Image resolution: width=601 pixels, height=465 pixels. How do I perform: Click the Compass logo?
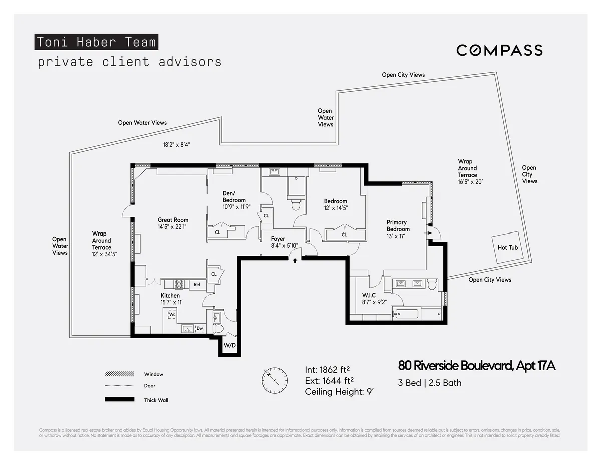point(499,50)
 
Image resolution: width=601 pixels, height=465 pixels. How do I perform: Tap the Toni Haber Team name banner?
point(96,42)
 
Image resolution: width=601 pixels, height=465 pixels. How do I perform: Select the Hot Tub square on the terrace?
point(507,247)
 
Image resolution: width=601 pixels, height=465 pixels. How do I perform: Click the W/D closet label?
point(229,346)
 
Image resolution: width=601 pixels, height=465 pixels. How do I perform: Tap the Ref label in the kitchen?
point(197,285)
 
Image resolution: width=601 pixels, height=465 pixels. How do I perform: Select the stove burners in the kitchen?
point(179,284)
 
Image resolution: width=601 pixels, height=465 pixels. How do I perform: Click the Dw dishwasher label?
point(199,329)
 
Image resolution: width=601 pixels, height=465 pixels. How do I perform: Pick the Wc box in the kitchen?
point(172,314)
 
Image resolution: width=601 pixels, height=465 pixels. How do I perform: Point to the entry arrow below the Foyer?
point(295,260)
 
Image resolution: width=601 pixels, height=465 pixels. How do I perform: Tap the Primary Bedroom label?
point(398,226)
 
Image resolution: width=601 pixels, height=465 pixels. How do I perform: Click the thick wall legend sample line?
point(120,399)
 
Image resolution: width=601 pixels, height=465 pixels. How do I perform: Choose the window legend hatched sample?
point(120,374)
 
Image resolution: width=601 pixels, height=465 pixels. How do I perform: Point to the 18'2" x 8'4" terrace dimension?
point(177,144)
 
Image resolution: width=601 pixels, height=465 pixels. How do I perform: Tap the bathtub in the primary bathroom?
point(406,314)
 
